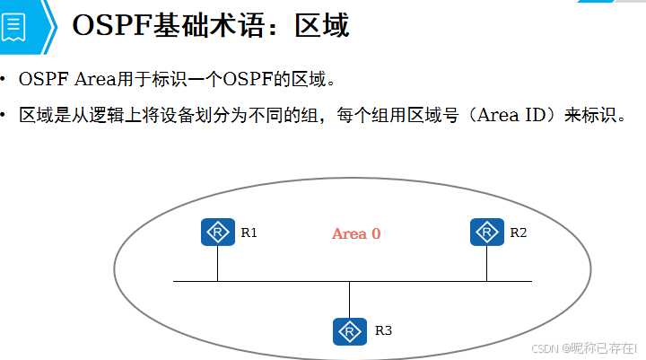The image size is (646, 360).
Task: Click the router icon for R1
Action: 218,232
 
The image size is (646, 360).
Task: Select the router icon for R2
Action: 487,232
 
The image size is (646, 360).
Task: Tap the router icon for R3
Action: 349,330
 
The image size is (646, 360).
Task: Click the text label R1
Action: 249,233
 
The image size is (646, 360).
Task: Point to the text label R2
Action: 519,233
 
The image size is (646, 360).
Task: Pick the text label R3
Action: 383,331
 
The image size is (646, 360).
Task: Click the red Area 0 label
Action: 356,233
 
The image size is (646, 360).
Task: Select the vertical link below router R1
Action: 218,263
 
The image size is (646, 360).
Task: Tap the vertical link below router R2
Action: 487,263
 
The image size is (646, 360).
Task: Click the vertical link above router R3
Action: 349,299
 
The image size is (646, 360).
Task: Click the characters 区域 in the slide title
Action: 321,25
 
